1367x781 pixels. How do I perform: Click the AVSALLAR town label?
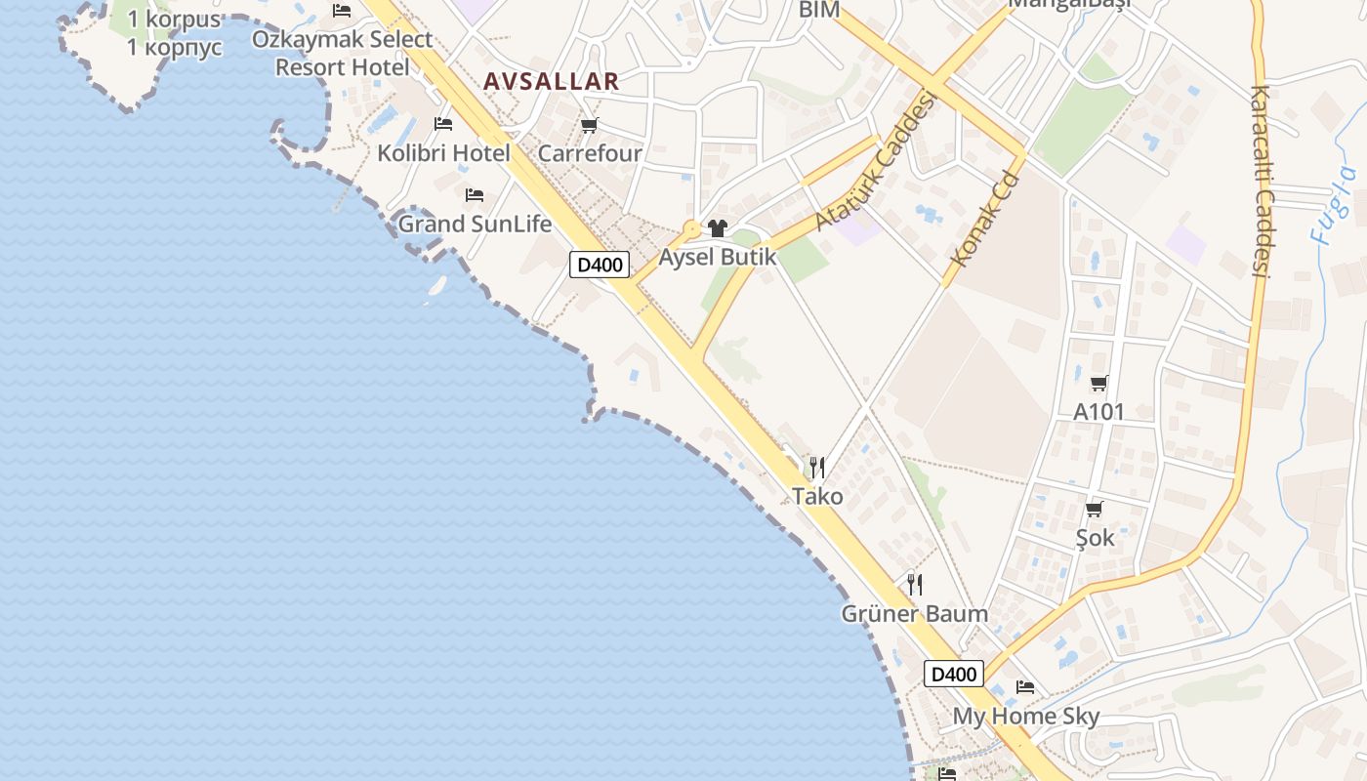click(x=552, y=82)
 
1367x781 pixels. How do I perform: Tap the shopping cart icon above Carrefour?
click(x=589, y=126)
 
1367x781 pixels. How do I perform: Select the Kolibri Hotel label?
click(x=443, y=153)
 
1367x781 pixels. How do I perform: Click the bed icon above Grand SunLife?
click(x=475, y=195)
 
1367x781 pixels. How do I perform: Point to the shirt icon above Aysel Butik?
click(x=718, y=228)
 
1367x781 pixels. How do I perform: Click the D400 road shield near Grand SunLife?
click(x=599, y=264)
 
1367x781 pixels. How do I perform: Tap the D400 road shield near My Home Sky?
click(x=953, y=674)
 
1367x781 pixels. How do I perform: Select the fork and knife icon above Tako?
click(x=817, y=468)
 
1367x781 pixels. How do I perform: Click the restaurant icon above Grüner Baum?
click(x=915, y=585)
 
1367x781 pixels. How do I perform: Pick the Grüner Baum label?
click(x=915, y=614)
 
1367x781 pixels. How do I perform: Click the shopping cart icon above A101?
click(x=1098, y=383)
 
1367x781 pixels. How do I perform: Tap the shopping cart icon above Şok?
click(x=1095, y=509)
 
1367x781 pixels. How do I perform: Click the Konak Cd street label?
click(x=985, y=221)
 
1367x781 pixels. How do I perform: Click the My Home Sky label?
click(x=1025, y=717)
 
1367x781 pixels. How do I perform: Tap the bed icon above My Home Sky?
click(x=1025, y=687)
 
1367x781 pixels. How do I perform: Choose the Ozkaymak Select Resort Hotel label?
click(x=342, y=54)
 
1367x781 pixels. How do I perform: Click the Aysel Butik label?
click(x=718, y=258)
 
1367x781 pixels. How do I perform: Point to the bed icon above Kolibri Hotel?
click(x=443, y=124)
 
